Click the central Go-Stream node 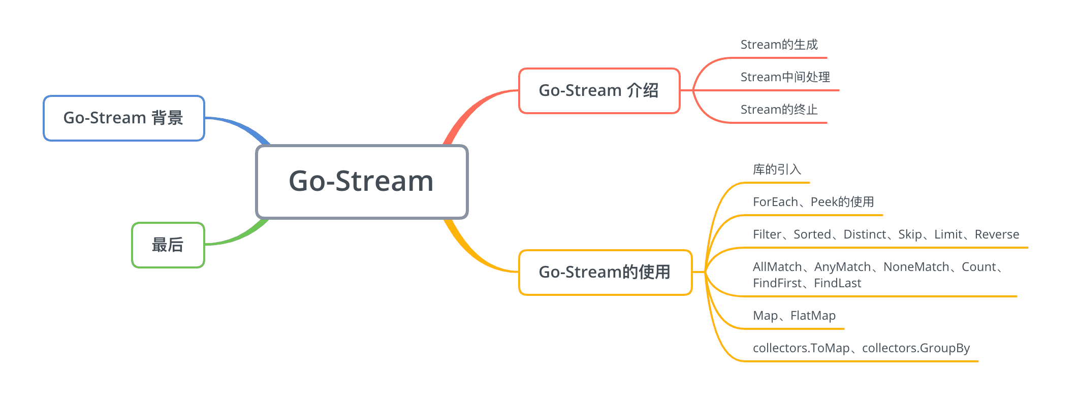pos(361,181)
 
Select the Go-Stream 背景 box pos(123,118)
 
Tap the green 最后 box pos(168,245)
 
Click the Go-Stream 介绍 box pos(598,90)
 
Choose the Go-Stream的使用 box pos(605,272)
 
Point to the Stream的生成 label pos(779,45)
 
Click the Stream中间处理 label pos(785,77)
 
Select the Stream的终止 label pos(779,110)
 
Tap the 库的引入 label pos(777,169)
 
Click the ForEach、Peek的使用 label pos(813,202)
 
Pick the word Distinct pos(865,234)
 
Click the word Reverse pos(997,234)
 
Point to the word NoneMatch pos(916,267)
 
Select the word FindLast pos(837,283)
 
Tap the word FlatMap pos(813,316)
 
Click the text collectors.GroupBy pos(915,348)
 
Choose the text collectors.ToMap pos(801,348)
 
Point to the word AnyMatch pos(842,267)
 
